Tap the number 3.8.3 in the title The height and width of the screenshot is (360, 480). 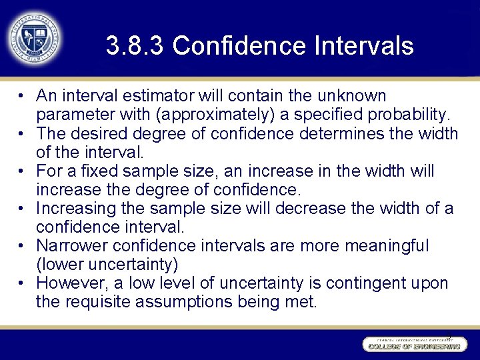[135, 46]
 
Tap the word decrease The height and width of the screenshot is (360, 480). [315, 209]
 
